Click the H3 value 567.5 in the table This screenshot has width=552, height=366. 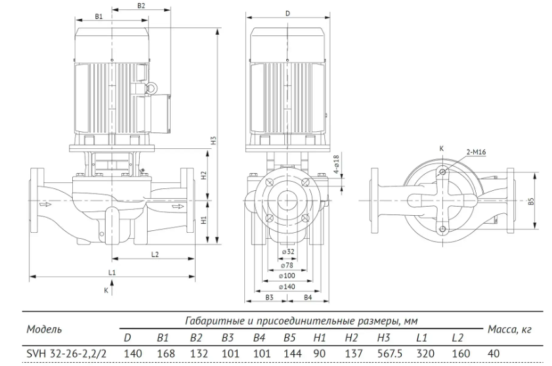click(x=389, y=354)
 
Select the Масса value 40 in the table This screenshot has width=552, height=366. click(x=494, y=354)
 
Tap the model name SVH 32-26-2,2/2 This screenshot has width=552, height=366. click(x=66, y=354)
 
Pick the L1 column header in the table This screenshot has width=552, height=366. click(x=421, y=338)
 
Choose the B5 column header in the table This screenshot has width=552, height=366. click(x=289, y=338)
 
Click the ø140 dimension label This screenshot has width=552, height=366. click(x=287, y=287)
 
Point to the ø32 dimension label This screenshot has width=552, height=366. click(x=288, y=252)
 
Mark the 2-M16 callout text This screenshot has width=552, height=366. click(x=476, y=152)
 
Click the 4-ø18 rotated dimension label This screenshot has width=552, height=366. click(x=336, y=164)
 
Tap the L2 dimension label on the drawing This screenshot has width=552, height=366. click(x=155, y=254)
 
